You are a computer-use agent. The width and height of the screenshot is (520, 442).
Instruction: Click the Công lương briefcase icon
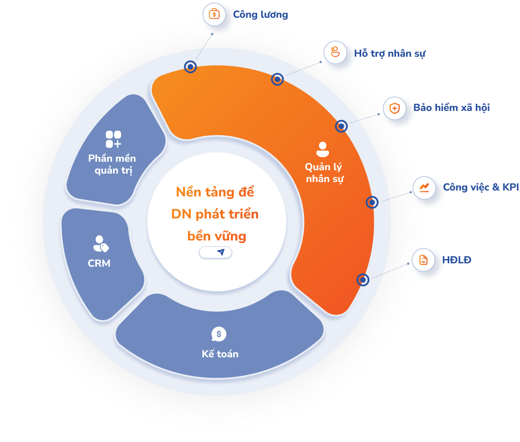[x=214, y=14]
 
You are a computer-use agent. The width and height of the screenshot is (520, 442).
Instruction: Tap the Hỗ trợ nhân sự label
[x=390, y=54]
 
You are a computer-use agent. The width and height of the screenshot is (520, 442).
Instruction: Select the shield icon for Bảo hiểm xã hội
[x=394, y=108]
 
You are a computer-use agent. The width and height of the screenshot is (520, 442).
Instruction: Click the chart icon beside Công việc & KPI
[x=424, y=187]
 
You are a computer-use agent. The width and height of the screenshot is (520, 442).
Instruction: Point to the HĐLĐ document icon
[x=423, y=260]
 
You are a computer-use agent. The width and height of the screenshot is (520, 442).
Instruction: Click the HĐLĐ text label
[x=456, y=260]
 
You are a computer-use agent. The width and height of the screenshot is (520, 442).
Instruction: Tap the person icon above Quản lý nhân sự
[x=323, y=149]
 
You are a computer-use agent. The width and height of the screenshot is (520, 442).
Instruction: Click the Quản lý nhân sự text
[x=324, y=173]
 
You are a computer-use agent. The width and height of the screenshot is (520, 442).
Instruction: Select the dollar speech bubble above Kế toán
[x=219, y=334]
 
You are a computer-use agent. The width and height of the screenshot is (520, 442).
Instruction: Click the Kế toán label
[x=220, y=354]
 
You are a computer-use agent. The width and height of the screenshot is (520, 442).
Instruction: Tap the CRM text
[x=99, y=263]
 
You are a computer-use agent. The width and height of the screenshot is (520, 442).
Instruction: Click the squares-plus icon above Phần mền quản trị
[x=113, y=139]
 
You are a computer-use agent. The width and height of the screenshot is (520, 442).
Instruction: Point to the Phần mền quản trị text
[x=112, y=164]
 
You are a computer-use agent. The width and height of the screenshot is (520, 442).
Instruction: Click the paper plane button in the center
[x=216, y=252]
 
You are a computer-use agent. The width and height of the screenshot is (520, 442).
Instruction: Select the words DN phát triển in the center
[x=215, y=214]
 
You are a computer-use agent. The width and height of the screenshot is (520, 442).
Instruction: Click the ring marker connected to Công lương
[x=191, y=66]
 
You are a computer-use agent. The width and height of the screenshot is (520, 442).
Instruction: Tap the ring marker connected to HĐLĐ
[x=363, y=279]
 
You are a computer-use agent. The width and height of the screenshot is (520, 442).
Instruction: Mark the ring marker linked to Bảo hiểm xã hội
[x=341, y=126]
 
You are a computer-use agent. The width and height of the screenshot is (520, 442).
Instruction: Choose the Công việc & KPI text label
[x=481, y=187]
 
